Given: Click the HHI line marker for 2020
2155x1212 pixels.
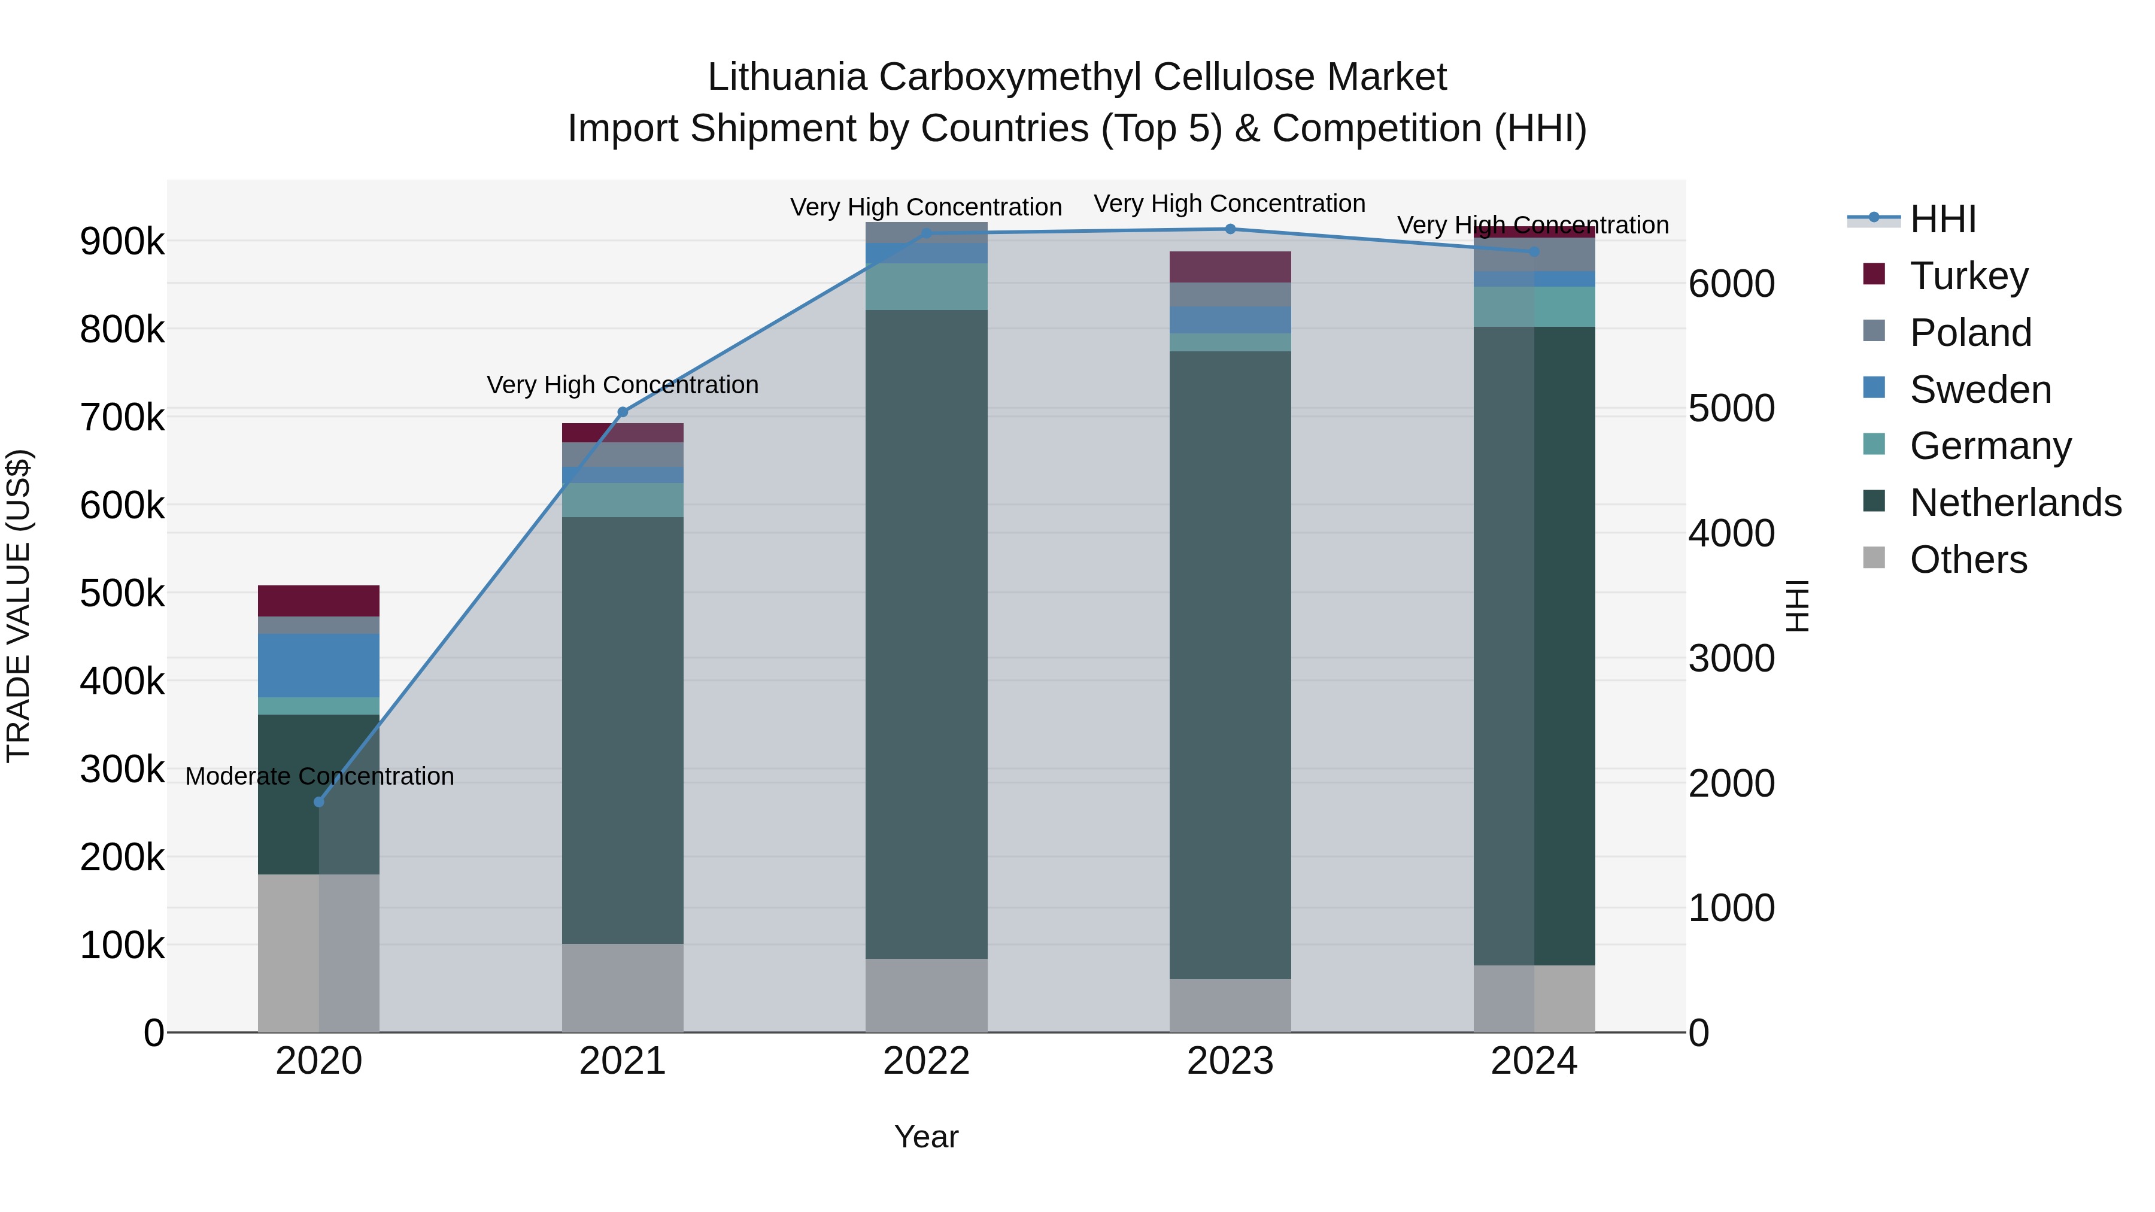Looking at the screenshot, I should click(318, 801).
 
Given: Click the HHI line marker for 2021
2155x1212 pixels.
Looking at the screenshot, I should click(623, 412).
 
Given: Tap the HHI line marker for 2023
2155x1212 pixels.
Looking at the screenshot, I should click(1230, 229).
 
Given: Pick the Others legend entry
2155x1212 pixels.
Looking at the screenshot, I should click(1968, 560).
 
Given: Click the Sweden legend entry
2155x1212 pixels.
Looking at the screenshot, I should click(1980, 390).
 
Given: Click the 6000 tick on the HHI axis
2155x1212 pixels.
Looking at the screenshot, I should click(1731, 284).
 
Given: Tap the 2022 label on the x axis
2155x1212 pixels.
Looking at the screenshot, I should click(926, 1061).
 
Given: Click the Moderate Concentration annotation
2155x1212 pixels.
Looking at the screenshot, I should click(320, 776).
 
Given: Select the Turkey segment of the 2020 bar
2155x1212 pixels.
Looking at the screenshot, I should click(318, 600).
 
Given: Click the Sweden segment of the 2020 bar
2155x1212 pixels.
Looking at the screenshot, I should click(318, 665).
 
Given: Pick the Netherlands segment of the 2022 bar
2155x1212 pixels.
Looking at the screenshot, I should click(926, 634).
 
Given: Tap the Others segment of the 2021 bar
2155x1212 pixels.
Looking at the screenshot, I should click(623, 988).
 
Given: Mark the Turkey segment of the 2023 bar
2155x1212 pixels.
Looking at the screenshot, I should click(1230, 267).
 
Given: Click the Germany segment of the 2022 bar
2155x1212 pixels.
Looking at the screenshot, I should click(926, 287).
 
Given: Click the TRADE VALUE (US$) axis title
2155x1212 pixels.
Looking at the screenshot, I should click(19, 606).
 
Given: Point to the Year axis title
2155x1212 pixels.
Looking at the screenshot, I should click(926, 1137).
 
